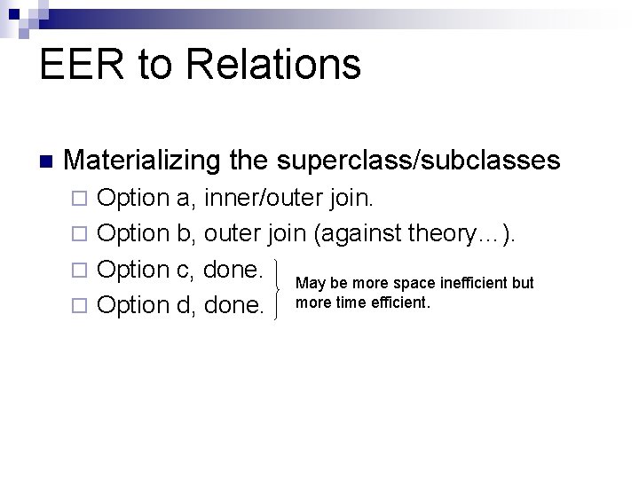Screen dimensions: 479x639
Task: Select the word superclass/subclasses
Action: [x=418, y=161]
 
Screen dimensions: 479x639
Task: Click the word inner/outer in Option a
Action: [x=264, y=197]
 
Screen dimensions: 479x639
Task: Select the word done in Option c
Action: [x=233, y=269]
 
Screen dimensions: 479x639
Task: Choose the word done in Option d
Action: [x=234, y=305]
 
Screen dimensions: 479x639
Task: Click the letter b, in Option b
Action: [x=188, y=233]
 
